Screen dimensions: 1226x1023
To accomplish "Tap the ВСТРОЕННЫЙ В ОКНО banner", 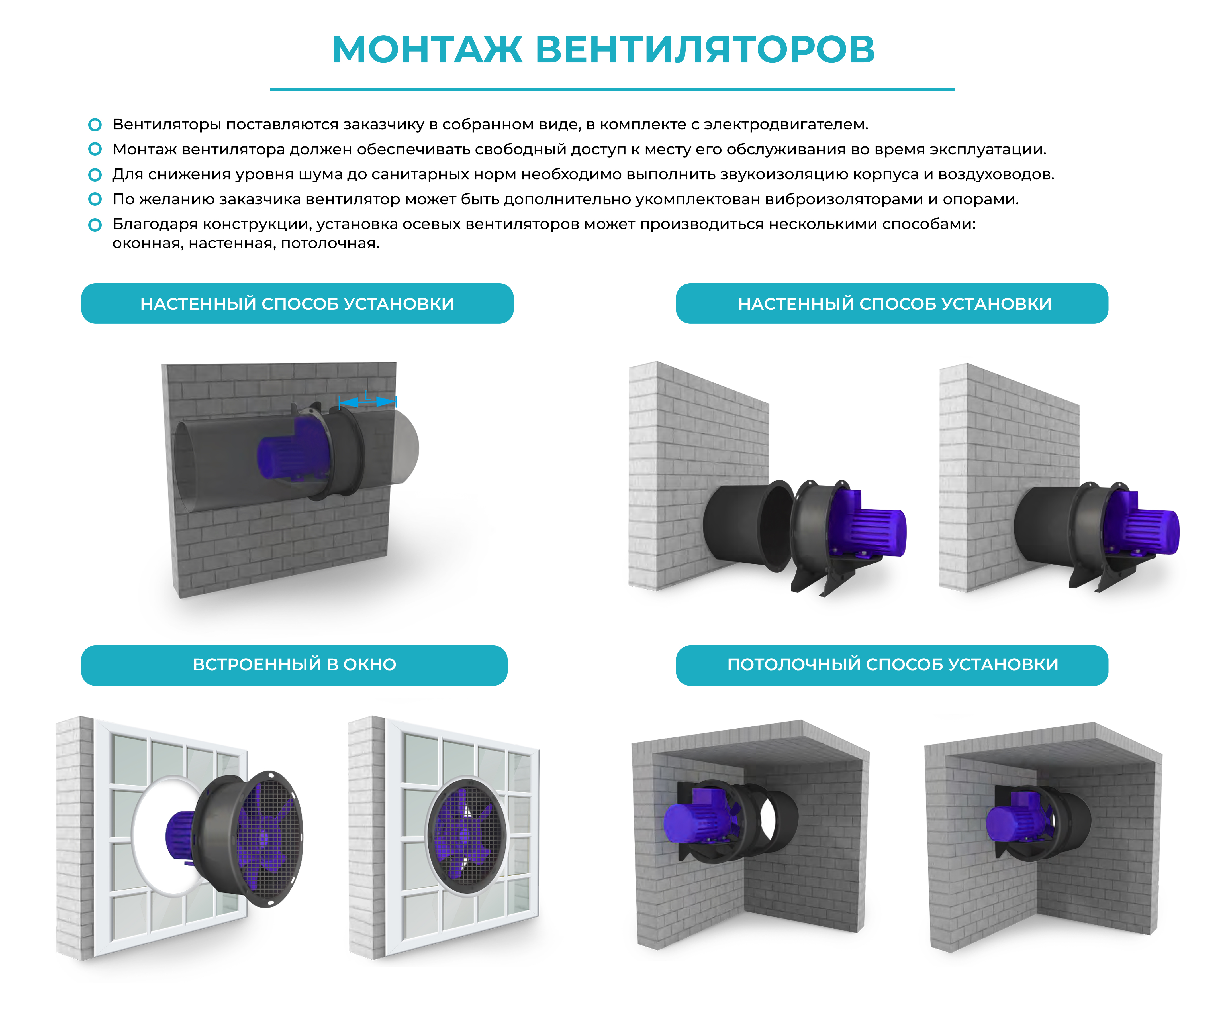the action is [294, 665].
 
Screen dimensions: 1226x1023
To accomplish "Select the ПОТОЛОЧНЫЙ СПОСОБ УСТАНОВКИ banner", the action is [892, 665].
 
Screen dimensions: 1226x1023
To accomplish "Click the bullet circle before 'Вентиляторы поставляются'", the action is [95, 124].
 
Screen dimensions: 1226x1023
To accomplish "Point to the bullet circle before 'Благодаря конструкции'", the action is [95, 225].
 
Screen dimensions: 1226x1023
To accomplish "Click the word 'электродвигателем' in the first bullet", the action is [786, 124].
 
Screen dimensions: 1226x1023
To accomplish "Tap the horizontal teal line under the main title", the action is [612, 89].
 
